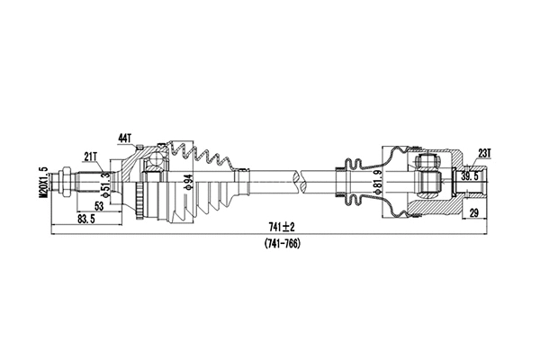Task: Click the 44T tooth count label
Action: [124, 138]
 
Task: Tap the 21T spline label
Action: [91, 156]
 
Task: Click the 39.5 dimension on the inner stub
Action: [470, 177]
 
